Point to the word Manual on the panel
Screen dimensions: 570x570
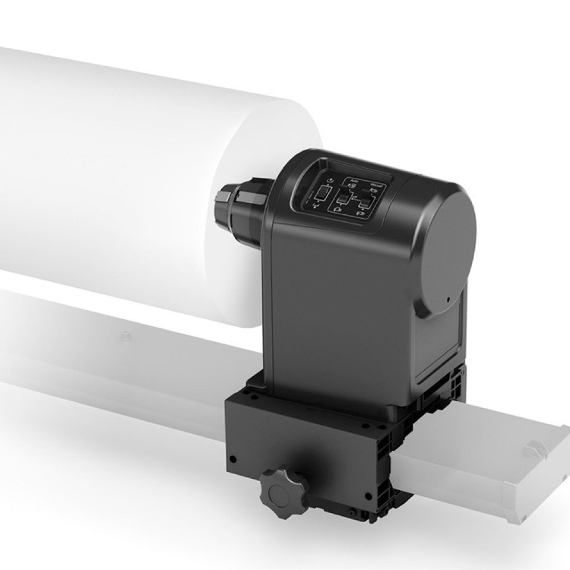point(376,185)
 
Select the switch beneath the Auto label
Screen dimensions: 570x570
point(344,199)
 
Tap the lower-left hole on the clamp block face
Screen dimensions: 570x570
point(233,458)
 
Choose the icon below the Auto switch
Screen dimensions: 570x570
point(339,209)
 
